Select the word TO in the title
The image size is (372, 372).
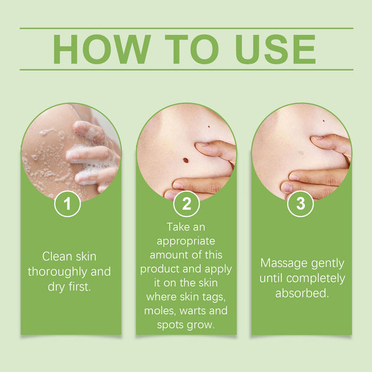tap(185, 49)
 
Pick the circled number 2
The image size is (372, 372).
tap(186, 204)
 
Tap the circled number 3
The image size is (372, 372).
tap(301, 204)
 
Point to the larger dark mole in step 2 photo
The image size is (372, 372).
tap(185, 161)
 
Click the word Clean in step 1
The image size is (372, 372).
tap(56, 256)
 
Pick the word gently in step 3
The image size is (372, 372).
tap(325, 262)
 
